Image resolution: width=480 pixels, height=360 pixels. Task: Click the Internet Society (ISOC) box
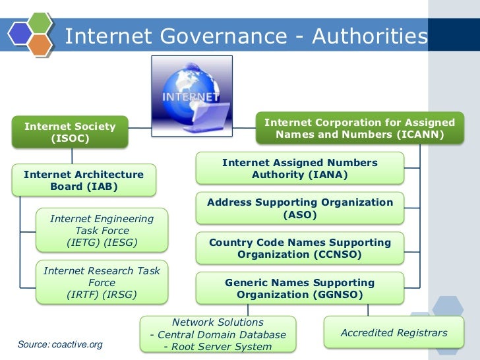click(x=70, y=133)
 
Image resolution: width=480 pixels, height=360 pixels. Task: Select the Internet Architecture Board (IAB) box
click(x=84, y=180)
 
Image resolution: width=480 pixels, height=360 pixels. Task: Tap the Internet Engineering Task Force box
click(x=102, y=230)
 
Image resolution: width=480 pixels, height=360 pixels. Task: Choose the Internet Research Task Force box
click(x=102, y=282)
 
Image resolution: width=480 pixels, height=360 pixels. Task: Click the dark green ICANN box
click(x=359, y=129)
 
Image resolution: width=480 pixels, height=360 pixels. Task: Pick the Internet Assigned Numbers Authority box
click(x=299, y=169)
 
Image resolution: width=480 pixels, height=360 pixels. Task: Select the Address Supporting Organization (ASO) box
click(x=299, y=208)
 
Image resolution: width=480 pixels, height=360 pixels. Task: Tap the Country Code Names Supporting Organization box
click(x=299, y=249)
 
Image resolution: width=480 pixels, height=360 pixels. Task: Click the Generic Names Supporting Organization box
click(x=299, y=289)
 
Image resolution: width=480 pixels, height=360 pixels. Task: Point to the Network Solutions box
click(x=218, y=334)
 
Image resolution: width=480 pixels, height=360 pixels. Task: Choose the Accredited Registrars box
click(x=394, y=333)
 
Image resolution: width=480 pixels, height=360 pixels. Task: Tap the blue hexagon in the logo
click(x=20, y=32)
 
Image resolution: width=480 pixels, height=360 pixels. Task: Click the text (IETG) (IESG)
click(x=102, y=243)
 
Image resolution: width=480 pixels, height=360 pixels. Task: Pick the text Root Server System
click(x=218, y=347)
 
